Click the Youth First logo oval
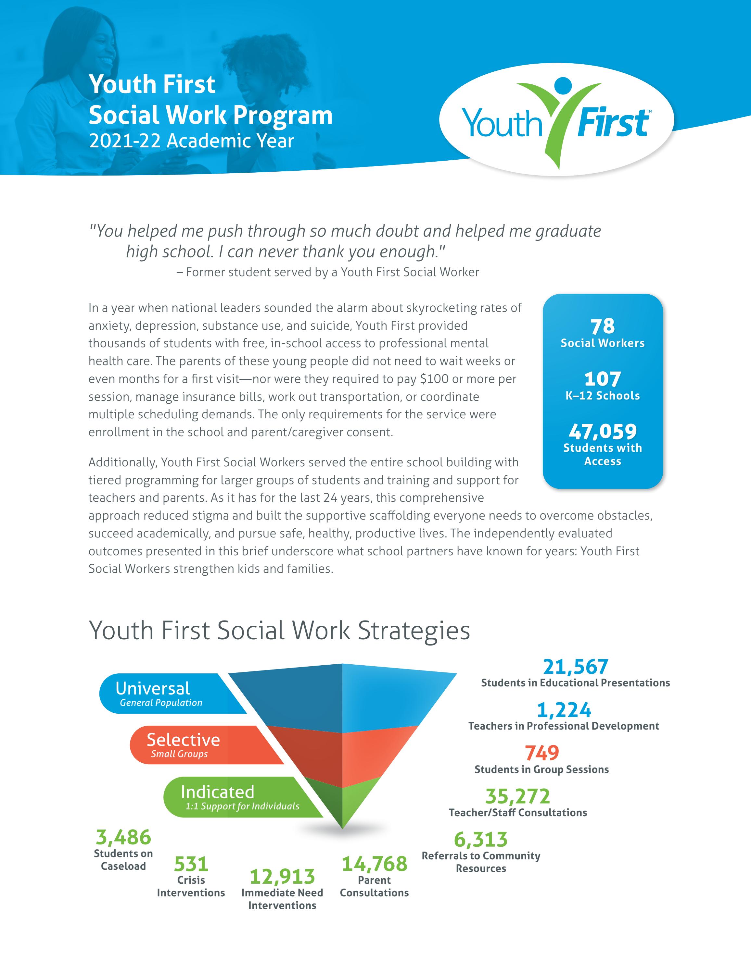(556, 120)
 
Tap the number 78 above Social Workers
(603, 326)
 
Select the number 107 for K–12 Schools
(603, 379)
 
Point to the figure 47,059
(603, 431)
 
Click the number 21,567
(575, 667)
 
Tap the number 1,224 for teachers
(564, 710)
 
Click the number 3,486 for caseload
(123, 838)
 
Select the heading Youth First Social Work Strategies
(279, 631)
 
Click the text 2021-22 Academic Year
(191, 141)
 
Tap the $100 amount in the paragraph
(433, 379)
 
